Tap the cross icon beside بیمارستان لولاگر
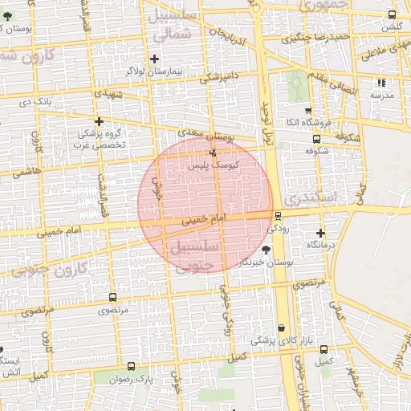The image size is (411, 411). (x=155, y=59)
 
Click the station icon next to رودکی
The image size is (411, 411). (x=278, y=215)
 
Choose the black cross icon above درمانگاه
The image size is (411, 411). (x=320, y=232)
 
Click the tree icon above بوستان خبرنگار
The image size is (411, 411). (x=266, y=251)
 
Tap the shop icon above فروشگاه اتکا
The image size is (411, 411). (x=308, y=110)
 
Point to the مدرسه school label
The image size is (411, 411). (x=381, y=95)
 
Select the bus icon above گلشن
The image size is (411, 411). (x=391, y=15)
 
